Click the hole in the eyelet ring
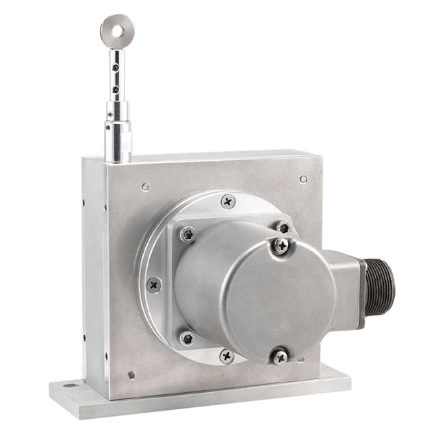point(116,29)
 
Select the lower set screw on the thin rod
point(116,89)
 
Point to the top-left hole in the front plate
point(145,186)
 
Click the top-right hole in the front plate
point(303,179)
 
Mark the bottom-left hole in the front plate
point(131,374)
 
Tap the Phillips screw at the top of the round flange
point(228,201)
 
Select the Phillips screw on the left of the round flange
point(154,284)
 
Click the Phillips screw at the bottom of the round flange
point(227,356)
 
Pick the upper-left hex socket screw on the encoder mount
point(187,234)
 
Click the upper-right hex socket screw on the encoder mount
point(283,227)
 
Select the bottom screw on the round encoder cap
point(279,356)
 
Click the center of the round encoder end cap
point(277,301)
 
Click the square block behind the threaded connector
point(346,287)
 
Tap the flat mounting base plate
point(198,400)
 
